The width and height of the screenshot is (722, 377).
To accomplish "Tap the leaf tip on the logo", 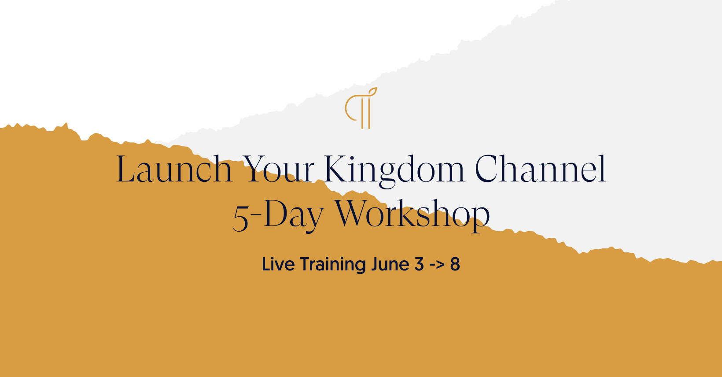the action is click(x=376, y=88).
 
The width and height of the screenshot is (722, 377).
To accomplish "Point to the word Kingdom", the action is click(x=394, y=171).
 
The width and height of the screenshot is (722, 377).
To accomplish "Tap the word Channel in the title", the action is click(x=541, y=168).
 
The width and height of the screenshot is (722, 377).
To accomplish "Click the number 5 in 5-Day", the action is click(x=240, y=218).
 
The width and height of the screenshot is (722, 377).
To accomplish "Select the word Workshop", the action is click(x=412, y=215).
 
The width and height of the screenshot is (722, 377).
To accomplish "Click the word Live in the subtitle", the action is click(x=278, y=264).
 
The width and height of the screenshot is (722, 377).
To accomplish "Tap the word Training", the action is click(x=333, y=265).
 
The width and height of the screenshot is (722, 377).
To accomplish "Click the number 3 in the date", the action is click(x=419, y=264).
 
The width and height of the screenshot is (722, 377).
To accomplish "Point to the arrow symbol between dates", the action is click(x=437, y=265).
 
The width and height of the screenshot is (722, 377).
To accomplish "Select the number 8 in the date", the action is click(x=455, y=264).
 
